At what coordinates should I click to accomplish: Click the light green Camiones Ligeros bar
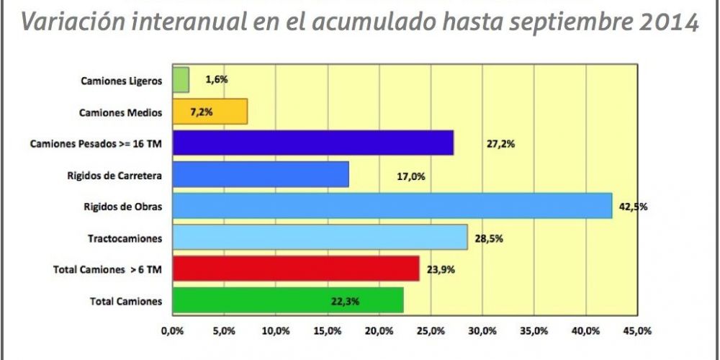coord(180,80)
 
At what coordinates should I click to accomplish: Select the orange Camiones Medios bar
coord(209,112)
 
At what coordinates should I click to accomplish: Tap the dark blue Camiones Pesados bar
coord(312,143)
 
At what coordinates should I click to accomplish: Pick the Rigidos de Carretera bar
coord(259,174)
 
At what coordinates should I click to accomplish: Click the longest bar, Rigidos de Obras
coord(391,206)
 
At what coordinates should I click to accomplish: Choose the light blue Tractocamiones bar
coord(319,237)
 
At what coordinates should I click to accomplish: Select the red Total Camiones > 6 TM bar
coord(294,269)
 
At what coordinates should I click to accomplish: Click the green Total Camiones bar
coord(287,300)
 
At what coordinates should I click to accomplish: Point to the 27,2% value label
coord(500,143)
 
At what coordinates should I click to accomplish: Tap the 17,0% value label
coord(410,175)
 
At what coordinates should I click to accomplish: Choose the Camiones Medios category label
coord(120,112)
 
